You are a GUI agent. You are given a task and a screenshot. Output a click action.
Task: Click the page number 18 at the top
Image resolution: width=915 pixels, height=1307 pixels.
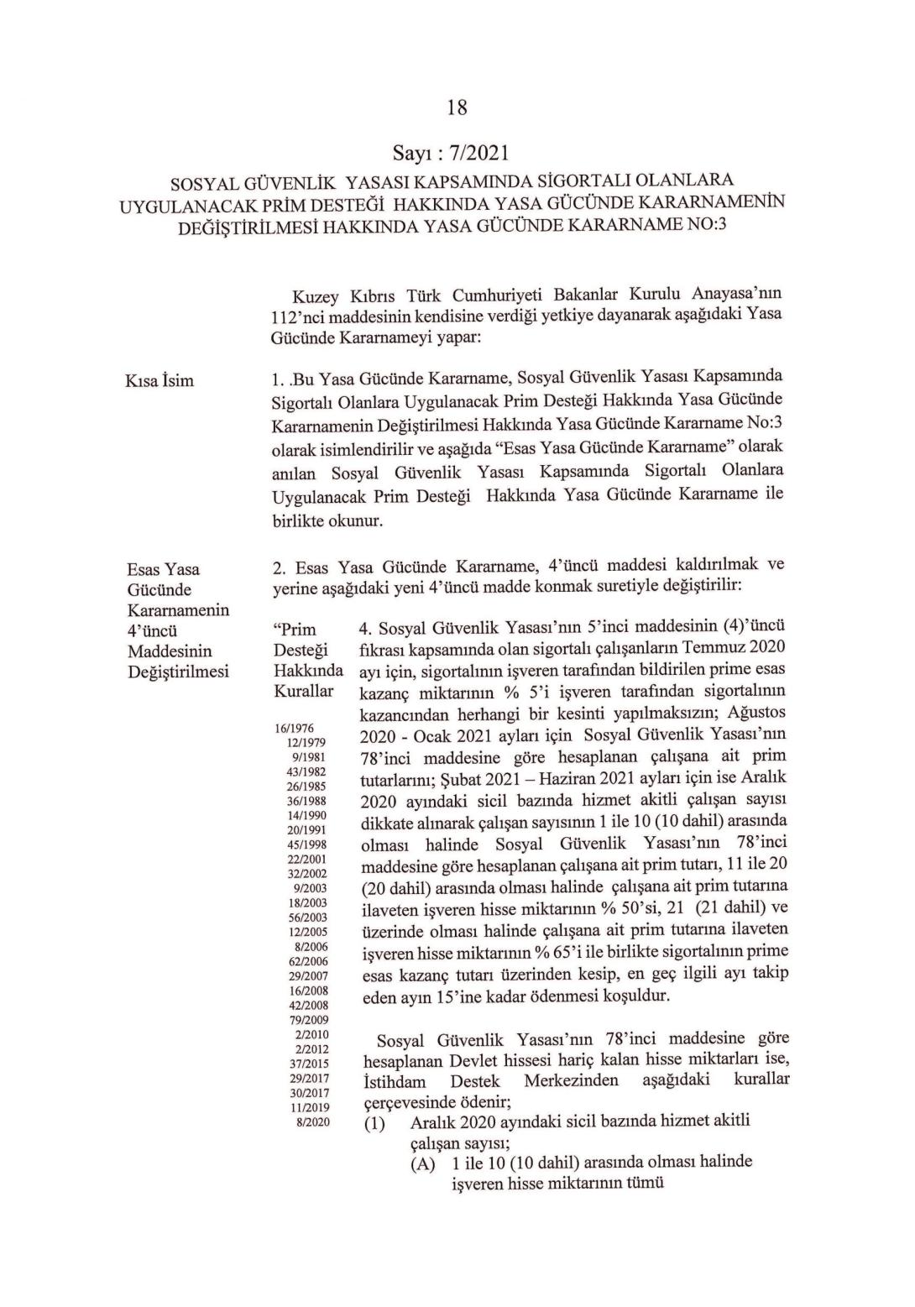coord(457,107)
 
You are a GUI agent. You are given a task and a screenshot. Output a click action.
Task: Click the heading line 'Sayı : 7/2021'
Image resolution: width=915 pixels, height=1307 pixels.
coord(451,153)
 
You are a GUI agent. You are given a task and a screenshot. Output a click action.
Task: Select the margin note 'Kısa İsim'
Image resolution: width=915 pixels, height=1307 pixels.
coord(159,381)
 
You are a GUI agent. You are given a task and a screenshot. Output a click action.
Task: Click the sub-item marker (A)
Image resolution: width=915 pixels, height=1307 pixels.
coord(424,1164)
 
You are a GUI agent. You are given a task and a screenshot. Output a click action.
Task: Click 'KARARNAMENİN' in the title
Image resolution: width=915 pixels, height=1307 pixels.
coord(710,203)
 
